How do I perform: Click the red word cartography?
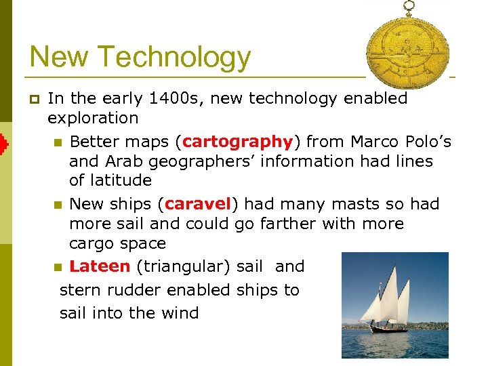237,142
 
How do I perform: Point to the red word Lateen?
100,266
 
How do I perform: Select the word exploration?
93,118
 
